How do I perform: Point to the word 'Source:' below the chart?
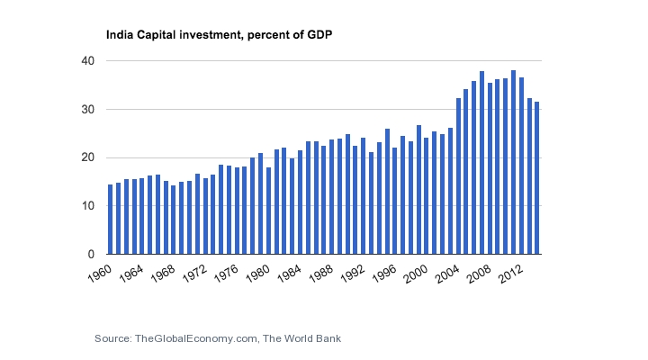[x=112, y=338]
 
